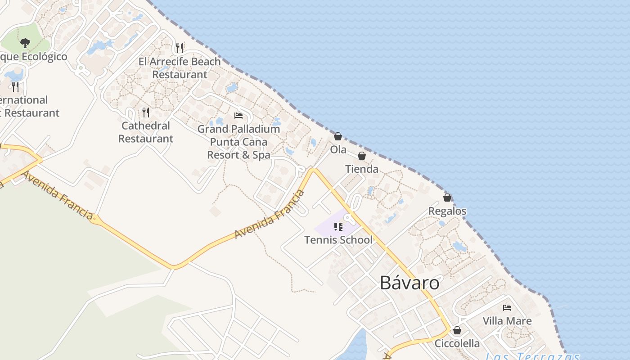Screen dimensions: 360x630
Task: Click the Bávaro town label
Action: click(x=409, y=283)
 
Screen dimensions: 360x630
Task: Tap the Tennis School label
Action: click(x=338, y=240)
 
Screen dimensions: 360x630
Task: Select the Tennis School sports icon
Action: click(x=338, y=227)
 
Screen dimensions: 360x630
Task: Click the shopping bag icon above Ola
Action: click(x=338, y=136)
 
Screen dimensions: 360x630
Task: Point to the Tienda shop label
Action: click(x=362, y=169)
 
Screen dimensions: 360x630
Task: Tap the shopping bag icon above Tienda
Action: click(x=362, y=156)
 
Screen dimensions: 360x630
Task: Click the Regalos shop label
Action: click(x=447, y=211)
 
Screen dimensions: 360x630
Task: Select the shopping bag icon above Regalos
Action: click(x=447, y=198)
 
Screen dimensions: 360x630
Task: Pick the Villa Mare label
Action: click(x=507, y=321)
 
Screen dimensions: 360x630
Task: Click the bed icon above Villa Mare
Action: click(x=507, y=308)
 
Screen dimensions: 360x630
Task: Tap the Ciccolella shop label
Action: click(x=457, y=343)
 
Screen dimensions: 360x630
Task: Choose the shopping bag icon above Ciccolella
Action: click(x=457, y=330)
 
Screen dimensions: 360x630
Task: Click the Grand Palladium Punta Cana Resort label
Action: click(x=238, y=142)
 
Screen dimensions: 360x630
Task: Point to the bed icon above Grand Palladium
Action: click(x=238, y=116)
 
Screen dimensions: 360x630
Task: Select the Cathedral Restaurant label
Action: click(x=146, y=132)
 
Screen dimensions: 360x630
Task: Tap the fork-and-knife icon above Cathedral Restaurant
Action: click(x=146, y=112)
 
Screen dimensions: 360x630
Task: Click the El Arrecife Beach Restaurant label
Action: click(x=180, y=68)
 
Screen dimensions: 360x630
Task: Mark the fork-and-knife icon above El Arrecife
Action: click(x=180, y=48)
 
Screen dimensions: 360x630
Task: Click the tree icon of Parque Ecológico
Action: click(x=25, y=43)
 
